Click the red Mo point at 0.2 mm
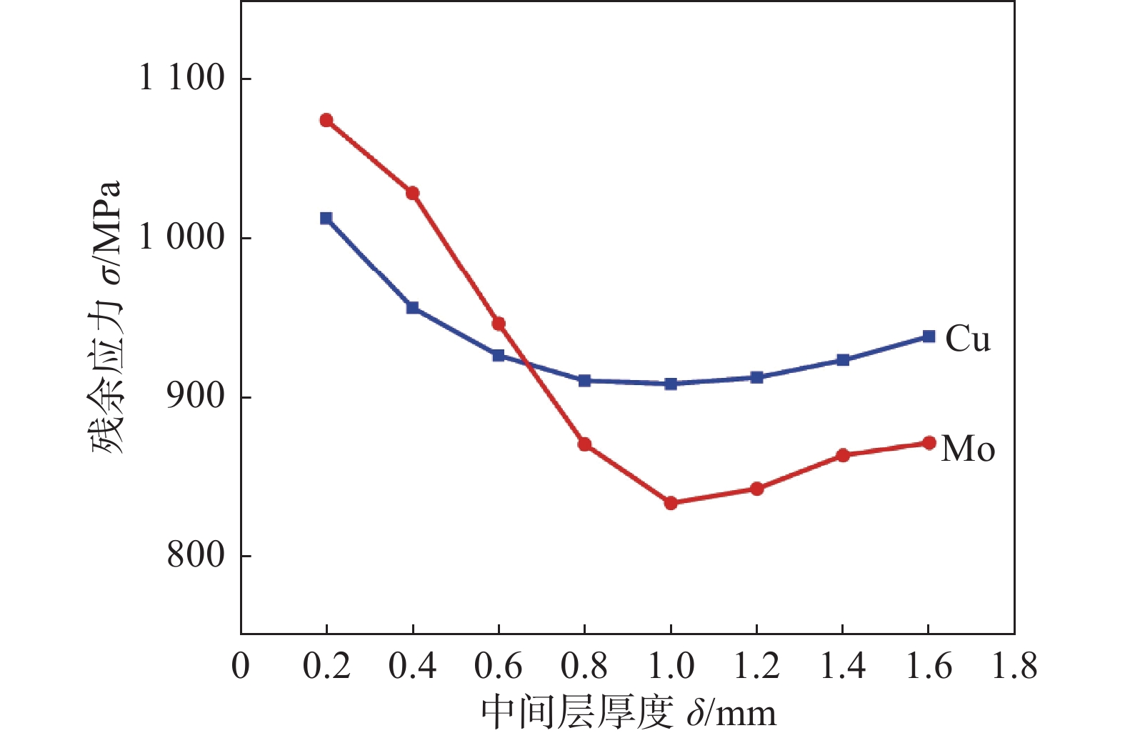point(326,120)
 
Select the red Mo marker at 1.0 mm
point(671,503)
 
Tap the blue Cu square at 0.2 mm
point(326,218)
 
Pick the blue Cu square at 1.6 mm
point(929,336)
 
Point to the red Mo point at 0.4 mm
point(412,193)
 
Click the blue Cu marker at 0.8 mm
point(584,380)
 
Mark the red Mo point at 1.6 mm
point(929,443)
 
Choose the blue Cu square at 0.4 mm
point(412,308)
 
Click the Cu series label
point(968,339)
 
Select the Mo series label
point(968,449)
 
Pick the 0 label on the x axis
point(241,666)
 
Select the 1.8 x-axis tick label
point(1014,666)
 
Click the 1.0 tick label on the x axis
point(671,666)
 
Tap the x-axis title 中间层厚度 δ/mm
point(629,712)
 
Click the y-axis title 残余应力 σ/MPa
point(107,318)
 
